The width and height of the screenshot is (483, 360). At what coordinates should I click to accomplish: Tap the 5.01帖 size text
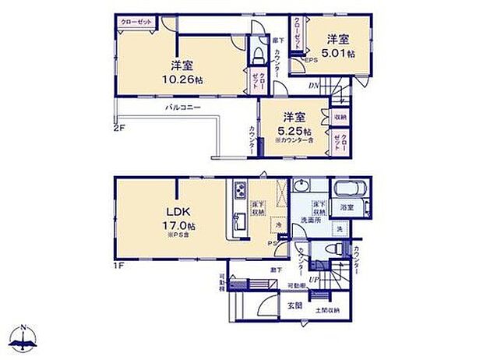coord(340,54)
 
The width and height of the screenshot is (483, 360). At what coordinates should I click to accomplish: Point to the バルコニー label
coord(183,108)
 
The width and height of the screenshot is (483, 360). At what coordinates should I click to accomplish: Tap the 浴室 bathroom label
coord(347,208)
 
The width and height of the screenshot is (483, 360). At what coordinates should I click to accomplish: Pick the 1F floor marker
coord(119,265)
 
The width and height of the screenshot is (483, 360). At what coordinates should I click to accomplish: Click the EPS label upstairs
coord(310,58)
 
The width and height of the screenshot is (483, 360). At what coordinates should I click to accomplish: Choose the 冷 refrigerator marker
coord(280,224)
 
